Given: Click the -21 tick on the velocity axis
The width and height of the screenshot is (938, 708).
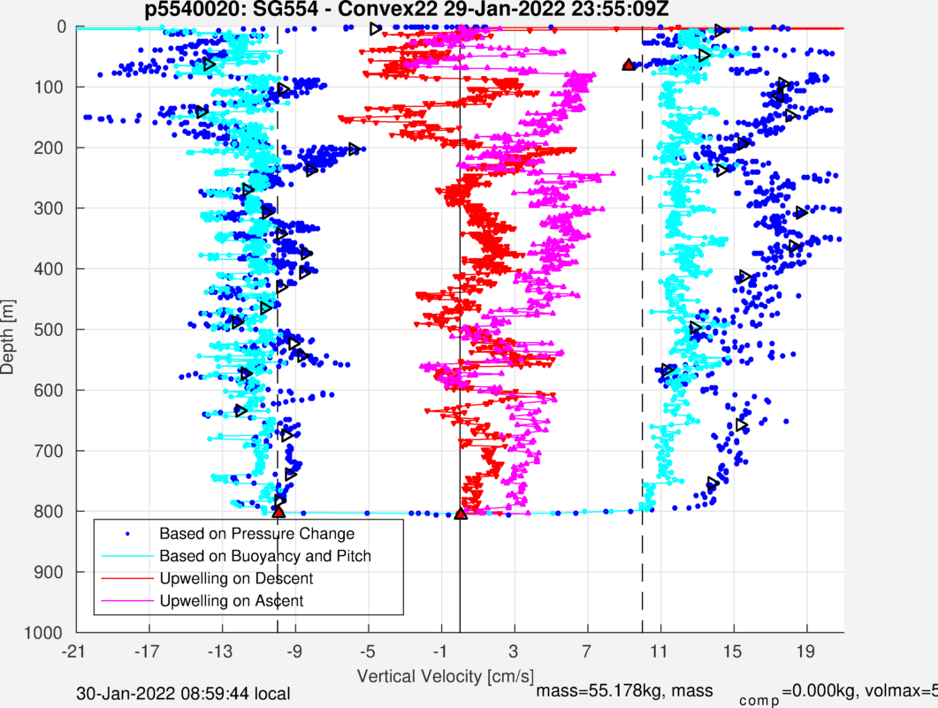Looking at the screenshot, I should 75,651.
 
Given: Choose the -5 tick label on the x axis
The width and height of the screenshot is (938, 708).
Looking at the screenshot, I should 368,651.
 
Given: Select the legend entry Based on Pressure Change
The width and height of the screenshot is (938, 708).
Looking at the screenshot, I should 256,534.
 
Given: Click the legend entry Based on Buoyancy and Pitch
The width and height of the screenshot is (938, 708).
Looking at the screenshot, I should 265,556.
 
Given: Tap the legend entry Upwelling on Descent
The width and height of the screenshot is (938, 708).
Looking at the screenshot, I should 236,579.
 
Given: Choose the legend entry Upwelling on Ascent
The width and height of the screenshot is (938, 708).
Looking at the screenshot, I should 231,601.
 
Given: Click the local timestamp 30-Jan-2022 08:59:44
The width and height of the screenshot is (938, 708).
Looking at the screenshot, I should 183,695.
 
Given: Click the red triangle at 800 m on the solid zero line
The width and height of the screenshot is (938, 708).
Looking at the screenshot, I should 461,514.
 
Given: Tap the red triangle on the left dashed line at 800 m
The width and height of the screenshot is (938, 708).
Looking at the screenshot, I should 278,512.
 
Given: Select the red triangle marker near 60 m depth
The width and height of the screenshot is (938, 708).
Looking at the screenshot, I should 628,65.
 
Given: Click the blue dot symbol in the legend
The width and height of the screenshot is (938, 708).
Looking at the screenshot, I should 128,534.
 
